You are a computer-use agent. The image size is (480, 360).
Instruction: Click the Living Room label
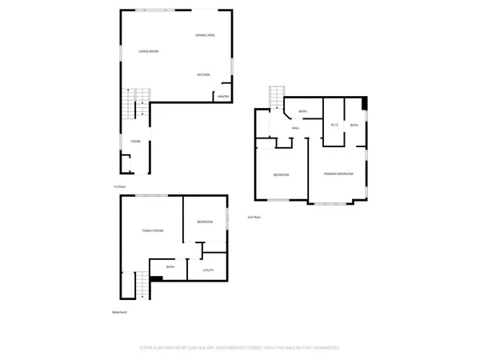(148, 51)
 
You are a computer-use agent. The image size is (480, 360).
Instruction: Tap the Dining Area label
(206, 35)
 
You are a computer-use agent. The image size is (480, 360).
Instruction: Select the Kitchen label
(204, 74)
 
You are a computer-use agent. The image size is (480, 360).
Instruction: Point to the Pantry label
(223, 96)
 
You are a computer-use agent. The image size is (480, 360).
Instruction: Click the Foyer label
(136, 142)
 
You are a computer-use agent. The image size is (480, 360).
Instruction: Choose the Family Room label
(153, 230)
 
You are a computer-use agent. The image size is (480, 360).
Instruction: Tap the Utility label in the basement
(208, 271)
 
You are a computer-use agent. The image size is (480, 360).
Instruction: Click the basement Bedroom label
(205, 222)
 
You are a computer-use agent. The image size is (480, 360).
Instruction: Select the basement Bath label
(170, 266)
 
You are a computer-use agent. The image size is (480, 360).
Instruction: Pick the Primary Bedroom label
(339, 174)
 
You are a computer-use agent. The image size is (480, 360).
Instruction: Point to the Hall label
(295, 128)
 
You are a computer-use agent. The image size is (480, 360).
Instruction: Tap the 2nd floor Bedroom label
(281, 175)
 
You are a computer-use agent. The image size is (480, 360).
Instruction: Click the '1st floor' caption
(118, 187)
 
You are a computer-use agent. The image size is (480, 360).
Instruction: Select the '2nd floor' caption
(254, 217)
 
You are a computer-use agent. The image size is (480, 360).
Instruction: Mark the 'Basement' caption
(120, 312)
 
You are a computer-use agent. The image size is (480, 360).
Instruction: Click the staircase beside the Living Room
(135, 105)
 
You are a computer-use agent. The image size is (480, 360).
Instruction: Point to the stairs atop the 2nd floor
(277, 96)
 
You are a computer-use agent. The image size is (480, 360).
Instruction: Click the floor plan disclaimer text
(240, 348)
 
